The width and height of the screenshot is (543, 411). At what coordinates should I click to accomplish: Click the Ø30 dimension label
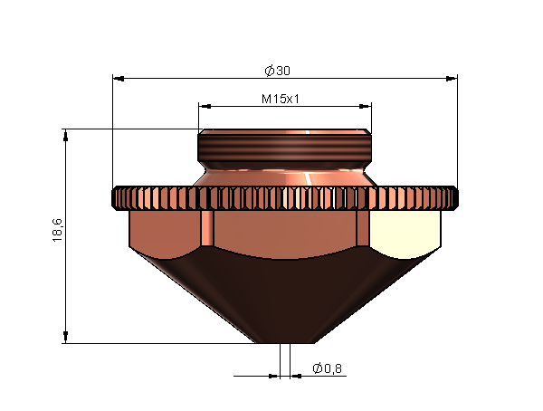(x=278, y=71)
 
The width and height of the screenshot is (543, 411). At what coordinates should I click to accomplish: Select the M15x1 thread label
(x=281, y=99)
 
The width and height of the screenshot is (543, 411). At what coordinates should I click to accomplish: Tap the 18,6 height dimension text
(x=57, y=230)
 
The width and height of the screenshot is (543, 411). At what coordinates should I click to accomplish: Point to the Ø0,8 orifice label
(x=328, y=368)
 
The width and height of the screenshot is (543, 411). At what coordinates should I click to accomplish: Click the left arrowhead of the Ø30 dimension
(x=119, y=79)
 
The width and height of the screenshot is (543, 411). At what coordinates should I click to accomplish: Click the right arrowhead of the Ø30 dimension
(x=452, y=79)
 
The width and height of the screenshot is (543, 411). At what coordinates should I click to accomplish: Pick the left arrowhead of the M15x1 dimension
(x=205, y=107)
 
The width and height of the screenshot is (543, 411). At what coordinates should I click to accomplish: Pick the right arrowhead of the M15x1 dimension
(x=366, y=107)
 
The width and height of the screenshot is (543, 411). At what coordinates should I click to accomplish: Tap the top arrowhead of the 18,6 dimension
(x=65, y=135)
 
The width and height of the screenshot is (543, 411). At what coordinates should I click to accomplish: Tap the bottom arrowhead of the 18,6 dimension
(x=65, y=337)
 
